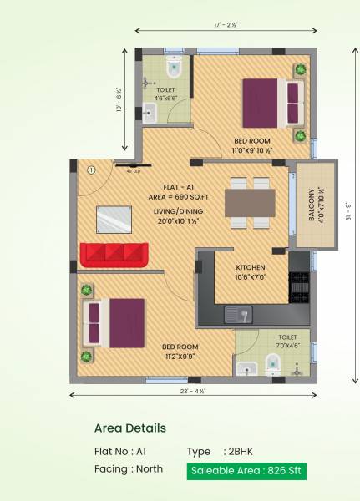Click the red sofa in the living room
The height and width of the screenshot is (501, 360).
114,253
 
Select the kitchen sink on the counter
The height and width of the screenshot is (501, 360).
239,315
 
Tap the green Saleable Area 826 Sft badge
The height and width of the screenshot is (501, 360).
246,471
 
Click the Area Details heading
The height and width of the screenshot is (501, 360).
129,428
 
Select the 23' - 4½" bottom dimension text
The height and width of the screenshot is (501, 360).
192,389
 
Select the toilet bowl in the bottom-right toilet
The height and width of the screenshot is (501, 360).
271,362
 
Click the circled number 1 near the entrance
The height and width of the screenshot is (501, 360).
92,170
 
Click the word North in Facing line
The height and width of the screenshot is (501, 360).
149,469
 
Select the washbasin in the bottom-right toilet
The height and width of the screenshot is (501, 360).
245,368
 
